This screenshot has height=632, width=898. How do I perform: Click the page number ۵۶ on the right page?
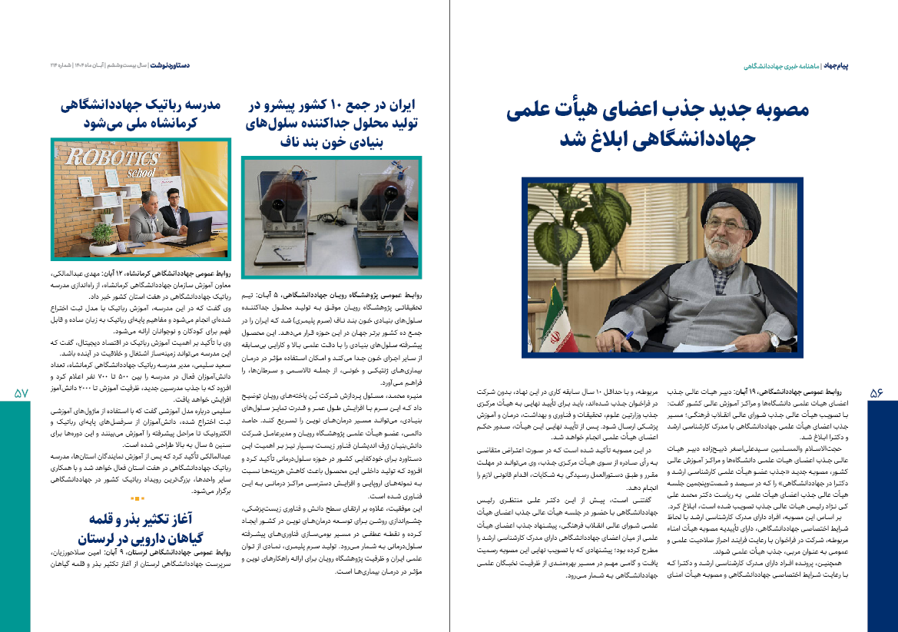coord(876,392)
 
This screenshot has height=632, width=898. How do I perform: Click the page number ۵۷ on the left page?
coord(21,392)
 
